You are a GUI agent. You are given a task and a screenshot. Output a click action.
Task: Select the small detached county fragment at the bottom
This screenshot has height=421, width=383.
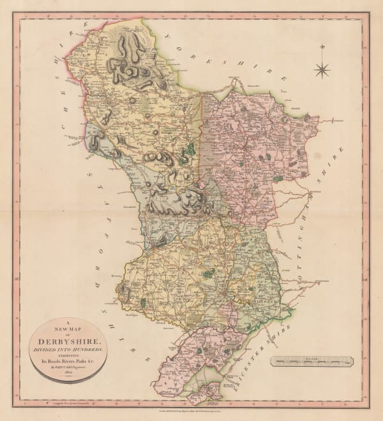click(x=205, y=392)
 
